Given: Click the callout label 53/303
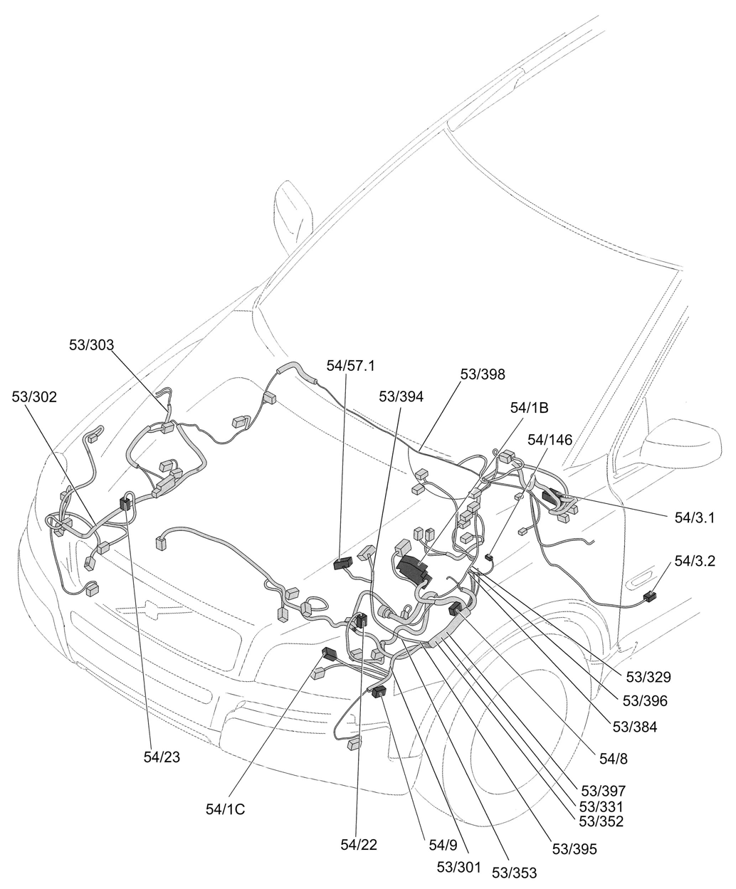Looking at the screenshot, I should click(91, 344).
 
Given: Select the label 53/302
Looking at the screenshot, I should click(34, 396).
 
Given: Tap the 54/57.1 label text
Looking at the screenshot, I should click(350, 366).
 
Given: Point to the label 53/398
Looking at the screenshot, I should click(482, 374).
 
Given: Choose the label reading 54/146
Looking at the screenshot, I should click(550, 440).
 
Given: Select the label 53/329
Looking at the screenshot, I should click(648, 677).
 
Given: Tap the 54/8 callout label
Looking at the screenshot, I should click(613, 759).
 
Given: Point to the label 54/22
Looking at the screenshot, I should click(359, 845).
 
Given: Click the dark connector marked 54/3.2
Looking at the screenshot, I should click(648, 596).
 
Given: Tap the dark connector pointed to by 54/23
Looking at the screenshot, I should click(126, 503).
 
